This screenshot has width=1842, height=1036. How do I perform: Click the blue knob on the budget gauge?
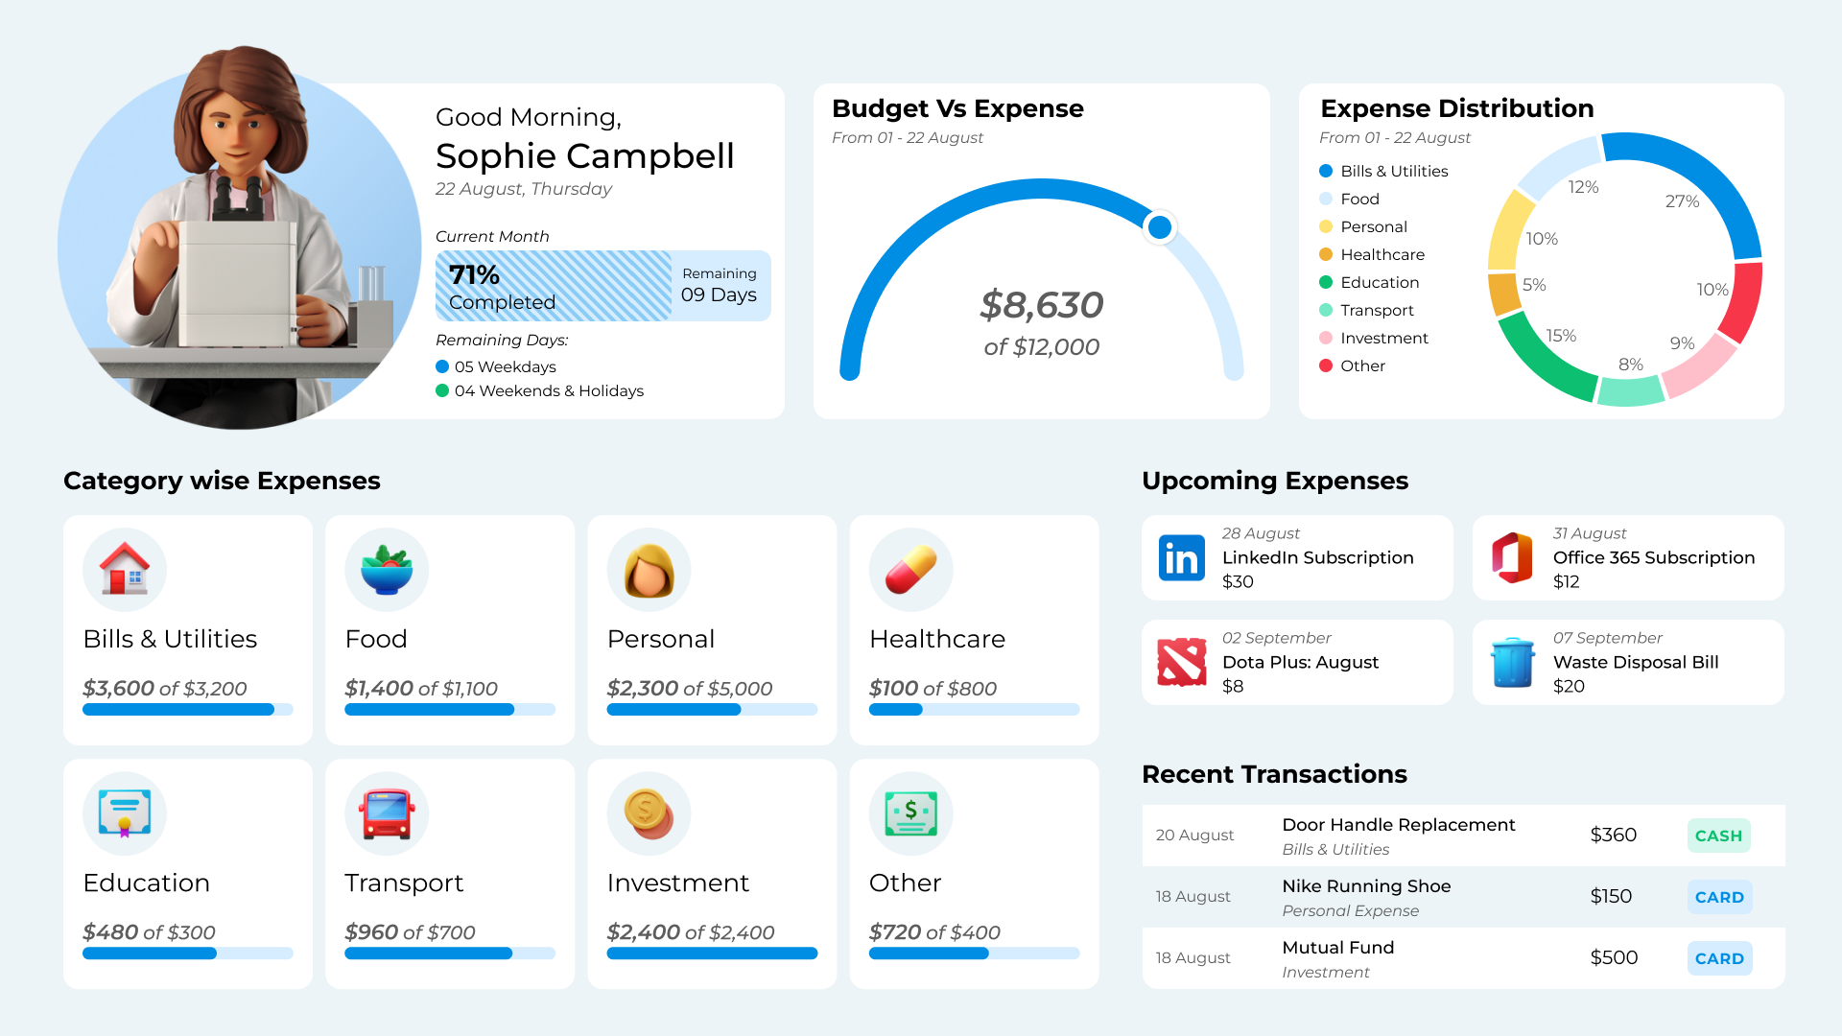[1160, 227]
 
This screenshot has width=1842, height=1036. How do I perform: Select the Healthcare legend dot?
[1326, 254]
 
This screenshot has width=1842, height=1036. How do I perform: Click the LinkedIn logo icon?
[1181, 558]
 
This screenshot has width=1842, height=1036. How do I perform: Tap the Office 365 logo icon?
[1512, 558]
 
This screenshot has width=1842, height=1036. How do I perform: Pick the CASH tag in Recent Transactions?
[1718, 836]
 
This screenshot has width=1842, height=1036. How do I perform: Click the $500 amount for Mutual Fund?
[1614, 957]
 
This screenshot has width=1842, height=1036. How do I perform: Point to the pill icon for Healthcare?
[910, 570]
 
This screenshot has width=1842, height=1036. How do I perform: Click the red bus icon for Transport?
[387, 813]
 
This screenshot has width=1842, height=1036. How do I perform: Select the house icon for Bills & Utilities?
[125, 570]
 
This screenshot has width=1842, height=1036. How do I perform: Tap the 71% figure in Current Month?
[474, 275]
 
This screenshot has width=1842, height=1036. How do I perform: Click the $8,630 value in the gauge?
[1041, 305]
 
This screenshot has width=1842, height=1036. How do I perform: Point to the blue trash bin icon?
[1512, 663]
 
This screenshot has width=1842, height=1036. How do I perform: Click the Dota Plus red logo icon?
[1181, 663]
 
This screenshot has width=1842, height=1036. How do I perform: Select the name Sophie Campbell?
[584, 155]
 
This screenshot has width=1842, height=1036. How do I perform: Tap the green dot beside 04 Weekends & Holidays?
[442, 390]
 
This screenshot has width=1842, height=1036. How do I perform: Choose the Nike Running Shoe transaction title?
[1366, 885]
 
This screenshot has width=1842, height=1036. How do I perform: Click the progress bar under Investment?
[712, 954]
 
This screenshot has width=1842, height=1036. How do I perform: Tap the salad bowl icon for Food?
[387, 570]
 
